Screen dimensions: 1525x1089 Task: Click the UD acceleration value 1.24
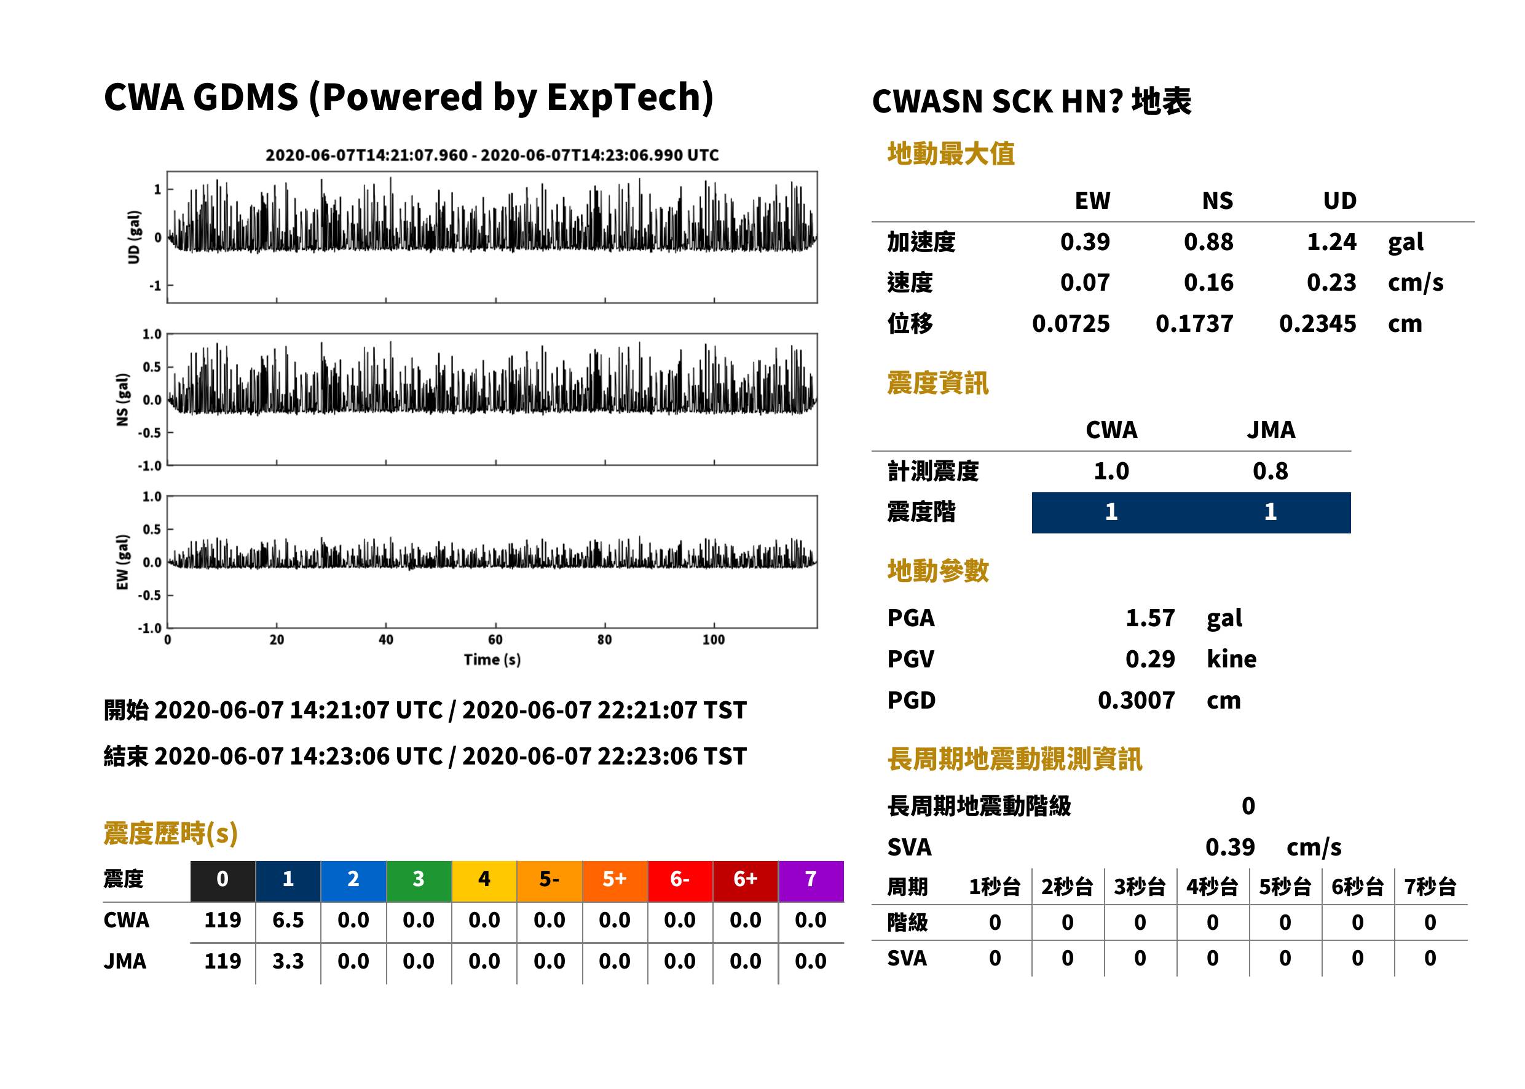[1331, 242]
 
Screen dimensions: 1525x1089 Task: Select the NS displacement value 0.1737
[1194, 324]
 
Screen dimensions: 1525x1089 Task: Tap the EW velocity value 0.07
[1084, 283]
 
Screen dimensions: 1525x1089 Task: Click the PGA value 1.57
[1150, 618]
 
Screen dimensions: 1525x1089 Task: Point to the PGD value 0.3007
[1136, 700]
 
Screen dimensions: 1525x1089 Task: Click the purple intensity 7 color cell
[811, 879]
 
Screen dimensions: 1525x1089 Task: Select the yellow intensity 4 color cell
[484, 879]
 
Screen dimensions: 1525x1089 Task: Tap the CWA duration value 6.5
[288, 920]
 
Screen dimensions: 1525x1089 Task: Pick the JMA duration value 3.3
[288, 961]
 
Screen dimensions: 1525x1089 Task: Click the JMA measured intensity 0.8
[1270, 471]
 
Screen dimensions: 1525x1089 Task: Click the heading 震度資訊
[937, 383]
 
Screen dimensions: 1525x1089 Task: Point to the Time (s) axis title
[492, 660]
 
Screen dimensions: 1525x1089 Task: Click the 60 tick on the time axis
[495, 640]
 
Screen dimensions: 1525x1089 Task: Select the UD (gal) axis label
[135, 237]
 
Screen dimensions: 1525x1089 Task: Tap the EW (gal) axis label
[122, 562]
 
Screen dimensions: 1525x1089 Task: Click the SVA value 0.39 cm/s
[1273, 847]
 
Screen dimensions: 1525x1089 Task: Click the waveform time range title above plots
[492, 155]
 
